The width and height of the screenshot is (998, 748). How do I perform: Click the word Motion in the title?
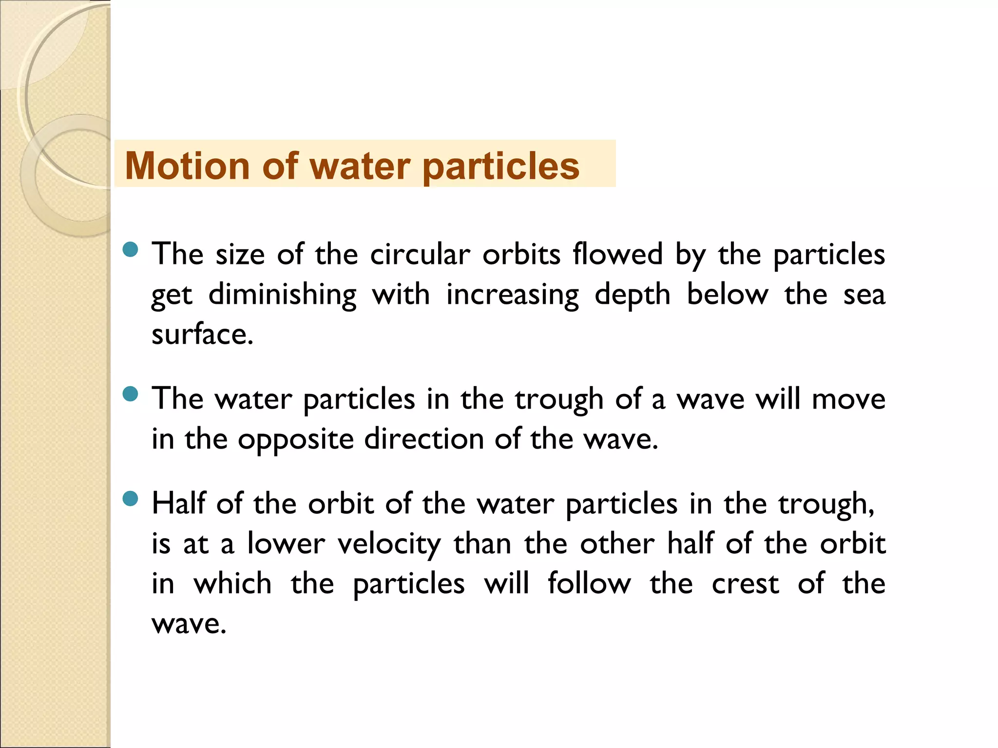click(187, 166)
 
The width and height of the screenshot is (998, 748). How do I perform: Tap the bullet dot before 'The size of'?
click(131, 250)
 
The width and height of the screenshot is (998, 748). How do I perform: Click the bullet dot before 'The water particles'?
click(131, 394)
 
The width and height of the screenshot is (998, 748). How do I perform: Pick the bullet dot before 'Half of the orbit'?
click(131, 499)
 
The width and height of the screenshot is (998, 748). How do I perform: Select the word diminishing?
click(282, 295)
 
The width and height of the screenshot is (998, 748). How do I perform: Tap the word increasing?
click(513, 295)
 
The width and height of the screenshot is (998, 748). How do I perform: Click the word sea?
click(864, 295)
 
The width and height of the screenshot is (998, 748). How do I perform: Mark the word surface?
click(202, 335)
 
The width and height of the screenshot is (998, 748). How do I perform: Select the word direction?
click(423, 439)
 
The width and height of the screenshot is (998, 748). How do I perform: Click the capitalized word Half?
click(178, 503)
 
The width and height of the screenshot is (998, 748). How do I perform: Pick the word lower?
click(286, 544)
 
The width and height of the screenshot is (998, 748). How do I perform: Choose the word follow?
click(589, 584)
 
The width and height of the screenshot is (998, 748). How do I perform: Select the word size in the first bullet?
click(240, 254)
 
